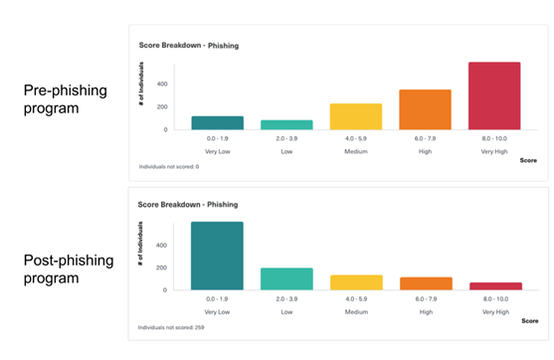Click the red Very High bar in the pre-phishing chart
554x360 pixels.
pyautogui.click(x=494, y=96)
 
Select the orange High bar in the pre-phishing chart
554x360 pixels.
pyautogui.click(x=425, y=110)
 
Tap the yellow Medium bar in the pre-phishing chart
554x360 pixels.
pyautogui.click(x=356, y=117)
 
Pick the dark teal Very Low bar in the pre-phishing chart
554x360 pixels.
pyautogui.click(x=217, y=123)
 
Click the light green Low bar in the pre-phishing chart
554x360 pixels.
pyautogui.click(x=286, y=125)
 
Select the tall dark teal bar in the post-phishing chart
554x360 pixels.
pyautogui.click(x=217, y=256)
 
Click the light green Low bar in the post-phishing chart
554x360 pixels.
pyautogui.click(x=286, y=278)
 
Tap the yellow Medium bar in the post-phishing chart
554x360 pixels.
pyautogui.click(x=356, y=282)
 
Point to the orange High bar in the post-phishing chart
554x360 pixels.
pyautogui.click(x=425, y=283)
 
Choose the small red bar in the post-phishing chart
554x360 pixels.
pyautogui.click(x=494, y=286)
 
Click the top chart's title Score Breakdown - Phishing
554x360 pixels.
pyautogui.click(x=190, y=46)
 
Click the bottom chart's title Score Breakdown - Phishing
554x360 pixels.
pyautogui.click(x=190, y=204)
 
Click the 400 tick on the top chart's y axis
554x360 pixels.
pyautogui.click(x=160, y=84)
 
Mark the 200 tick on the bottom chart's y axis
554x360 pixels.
pyautogui.click(x=160, y=268)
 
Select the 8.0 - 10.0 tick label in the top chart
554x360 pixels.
pyautogui.click(x=494, y=140)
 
